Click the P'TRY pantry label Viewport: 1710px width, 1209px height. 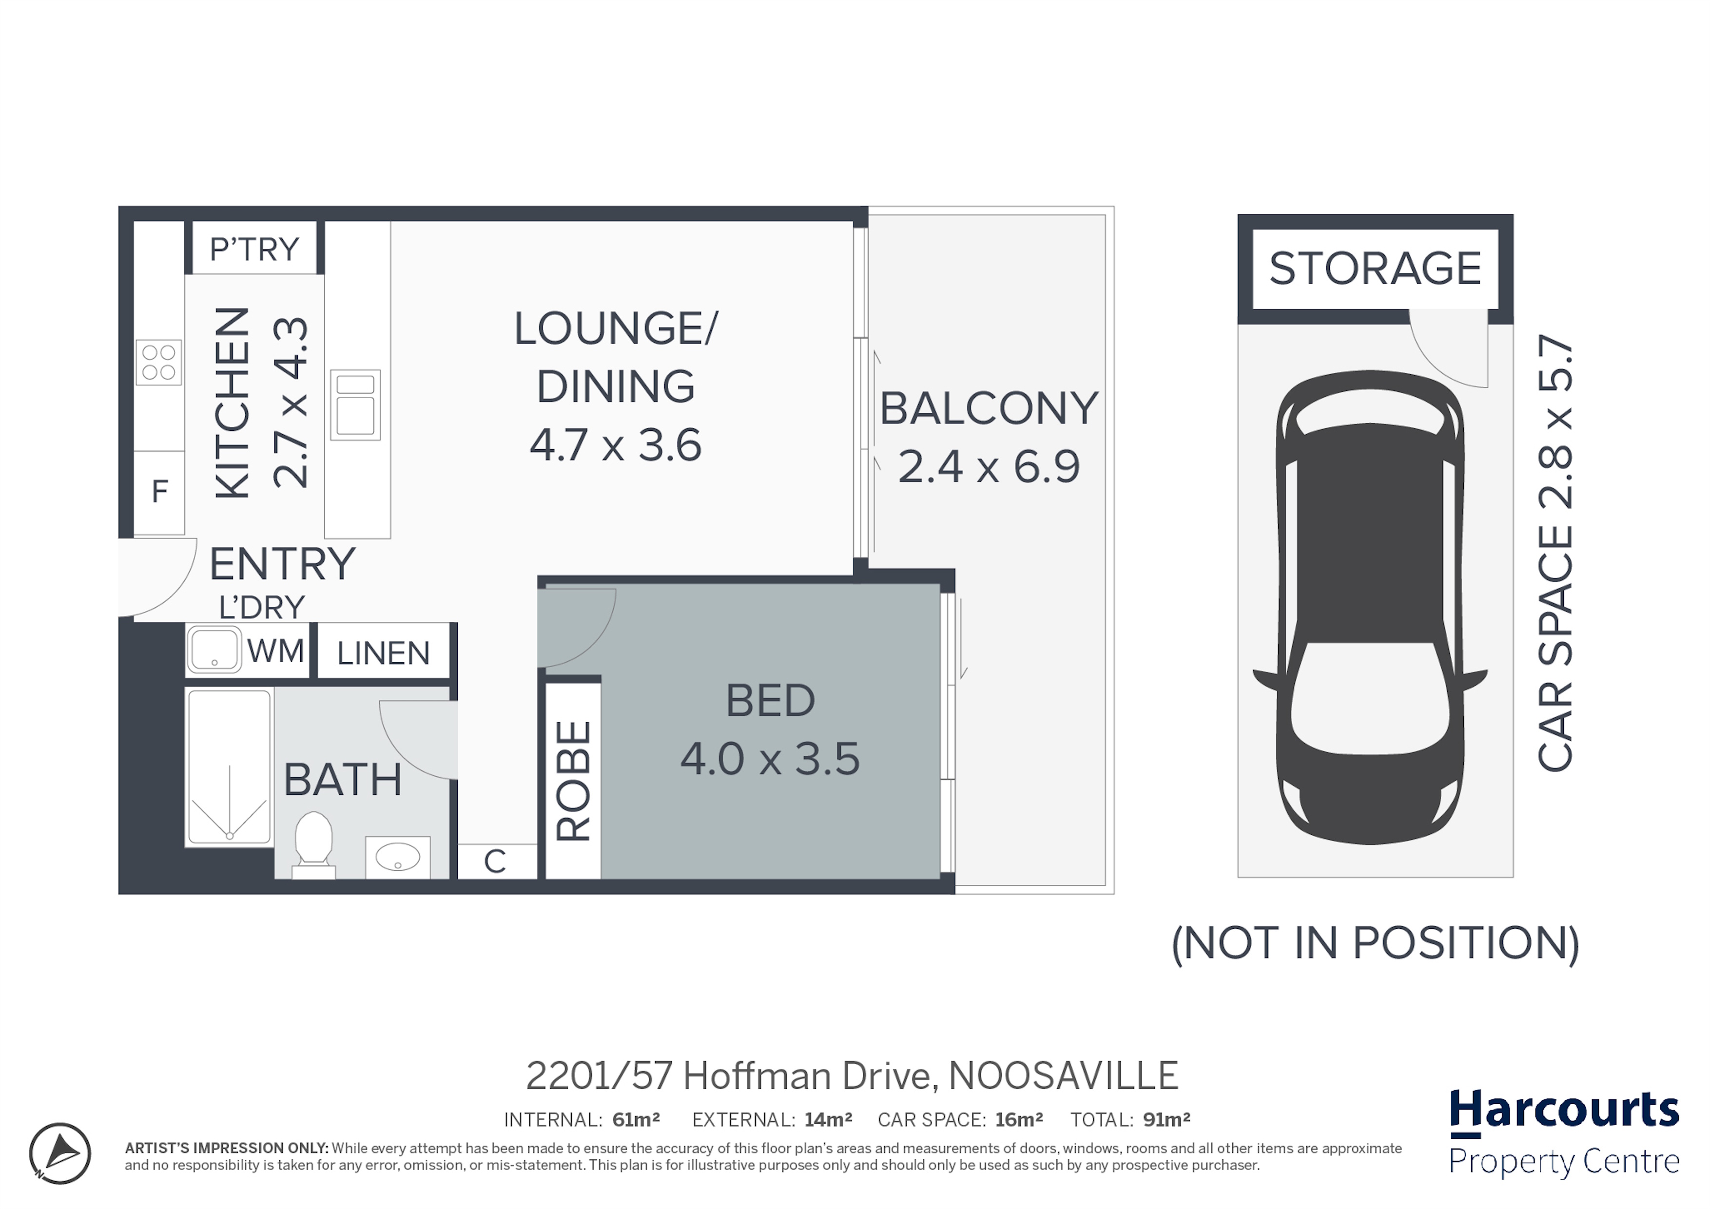click(254, 249)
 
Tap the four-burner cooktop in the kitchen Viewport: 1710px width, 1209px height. click(158, 363)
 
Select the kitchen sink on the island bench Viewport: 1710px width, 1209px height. click(355, 405)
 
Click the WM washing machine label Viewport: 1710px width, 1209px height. click(275, 652)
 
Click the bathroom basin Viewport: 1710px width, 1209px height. click(398, 857)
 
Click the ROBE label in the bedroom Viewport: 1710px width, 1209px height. click(573, 782)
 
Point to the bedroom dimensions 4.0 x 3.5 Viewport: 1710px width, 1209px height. click(770, 759)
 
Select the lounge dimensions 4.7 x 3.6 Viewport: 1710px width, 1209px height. click(616, 445)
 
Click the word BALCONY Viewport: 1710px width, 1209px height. click(989, 409)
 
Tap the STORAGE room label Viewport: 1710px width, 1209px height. click(1375, 269)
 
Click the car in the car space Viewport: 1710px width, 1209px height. click(1370, 608)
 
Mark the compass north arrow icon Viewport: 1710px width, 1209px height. click(60, 1153)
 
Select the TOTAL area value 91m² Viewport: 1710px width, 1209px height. click(1167, 1120)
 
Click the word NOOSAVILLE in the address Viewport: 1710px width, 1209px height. click(1064, 1076)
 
